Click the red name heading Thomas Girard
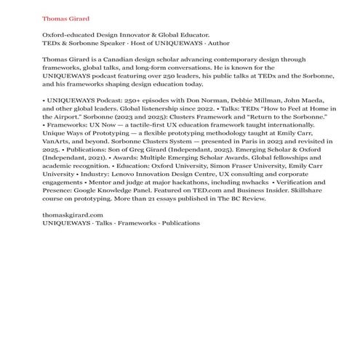tap(66, 17)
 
